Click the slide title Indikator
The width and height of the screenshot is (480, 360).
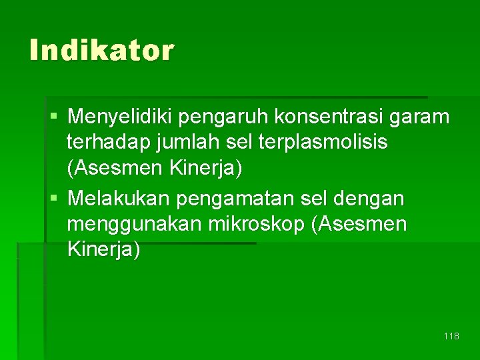coord(101,50)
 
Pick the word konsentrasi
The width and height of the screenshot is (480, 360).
coord(331,117)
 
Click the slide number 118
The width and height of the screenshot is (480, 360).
coord(451,336)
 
